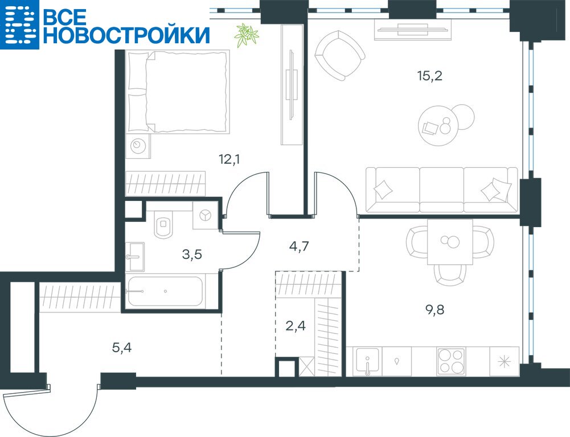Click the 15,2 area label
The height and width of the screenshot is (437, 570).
click(x=430, y=76)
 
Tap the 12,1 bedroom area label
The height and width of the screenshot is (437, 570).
click(x=229, y=159)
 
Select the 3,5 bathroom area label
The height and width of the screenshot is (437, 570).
click(x=191, y=255)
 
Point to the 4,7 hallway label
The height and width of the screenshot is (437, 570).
click(x=299, y=246)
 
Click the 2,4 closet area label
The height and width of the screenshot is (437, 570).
click(x=295, y=326)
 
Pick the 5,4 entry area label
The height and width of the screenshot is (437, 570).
click(x=122, y=348)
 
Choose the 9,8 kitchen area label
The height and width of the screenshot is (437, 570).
click(x=435, y=310)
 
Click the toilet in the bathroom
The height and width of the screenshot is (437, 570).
click(x=163, y=224)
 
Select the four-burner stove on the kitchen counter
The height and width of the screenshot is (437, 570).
click(x=451, y=361)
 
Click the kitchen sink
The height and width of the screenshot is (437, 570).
click(x=367, y=361)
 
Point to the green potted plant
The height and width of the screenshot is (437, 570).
click(x=246, y=35)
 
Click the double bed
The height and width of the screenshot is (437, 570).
click(x=178, y=91)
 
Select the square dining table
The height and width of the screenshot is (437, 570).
click(x=450, y=242)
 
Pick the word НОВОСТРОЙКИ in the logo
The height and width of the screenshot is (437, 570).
click(x=126, y=35)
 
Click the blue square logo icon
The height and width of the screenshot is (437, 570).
click(x=19, y=24)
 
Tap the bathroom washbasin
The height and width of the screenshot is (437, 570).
click(x=135, y=257)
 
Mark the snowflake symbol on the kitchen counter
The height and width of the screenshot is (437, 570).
click(x=504, y=362)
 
